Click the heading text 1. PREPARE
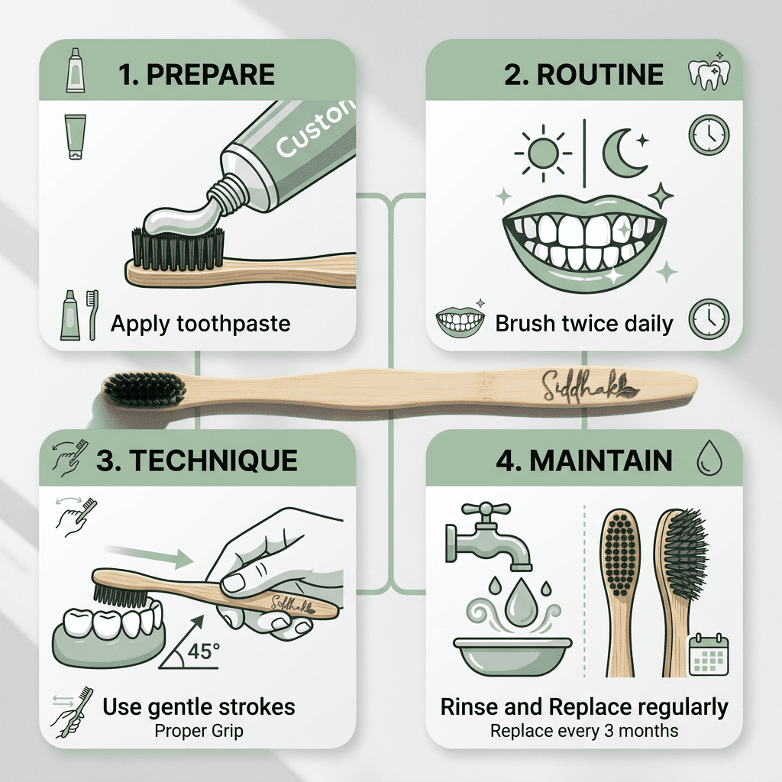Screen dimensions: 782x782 coord(196,75)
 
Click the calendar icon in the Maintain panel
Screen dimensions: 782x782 coord(709,654)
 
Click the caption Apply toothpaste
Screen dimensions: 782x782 coord(200,324)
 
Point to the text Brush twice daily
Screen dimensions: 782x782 coord(584,324)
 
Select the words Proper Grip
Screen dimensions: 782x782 coord(199,731)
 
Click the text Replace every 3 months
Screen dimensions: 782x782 coord(584,731)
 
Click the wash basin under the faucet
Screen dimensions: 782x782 coord(512,655)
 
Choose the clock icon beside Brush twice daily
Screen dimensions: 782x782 coord(709,319)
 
